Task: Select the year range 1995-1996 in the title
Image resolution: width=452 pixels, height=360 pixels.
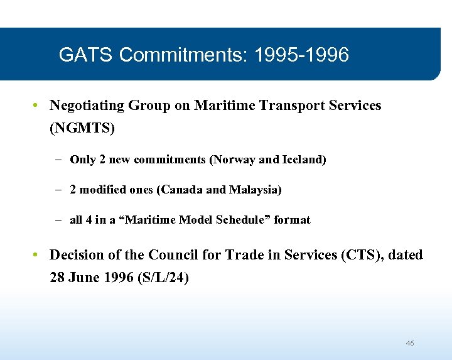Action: [x=301, y=55]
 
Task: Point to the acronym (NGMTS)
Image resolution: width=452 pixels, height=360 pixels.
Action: [x=82, y=129]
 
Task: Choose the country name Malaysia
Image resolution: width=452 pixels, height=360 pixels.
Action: [x=255, y=190]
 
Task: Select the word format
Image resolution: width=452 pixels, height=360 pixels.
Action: [x=292, y=220]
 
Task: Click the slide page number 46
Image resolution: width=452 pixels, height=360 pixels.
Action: [x=410, y=343]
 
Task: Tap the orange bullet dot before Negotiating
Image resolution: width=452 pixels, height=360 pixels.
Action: [x=37, y=106]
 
